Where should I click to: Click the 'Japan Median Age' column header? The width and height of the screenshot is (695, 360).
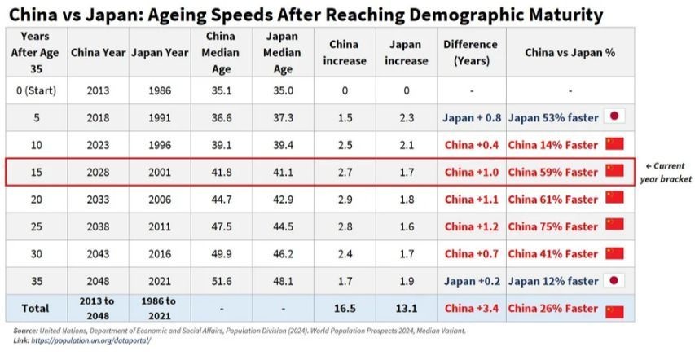(x=283, y=53)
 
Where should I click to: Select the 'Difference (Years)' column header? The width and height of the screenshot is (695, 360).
(x=471, y=52)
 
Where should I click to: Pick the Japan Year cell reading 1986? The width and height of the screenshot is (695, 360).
(x=160, y=91)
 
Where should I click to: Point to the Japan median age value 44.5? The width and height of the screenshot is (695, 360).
(x=283, y=226)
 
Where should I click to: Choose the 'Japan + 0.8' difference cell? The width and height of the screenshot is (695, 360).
(x=471, y=117)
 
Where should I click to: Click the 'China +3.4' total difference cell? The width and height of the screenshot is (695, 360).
(x=471, y=309)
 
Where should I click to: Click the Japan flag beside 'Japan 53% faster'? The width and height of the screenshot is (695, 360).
(x=615, y=117)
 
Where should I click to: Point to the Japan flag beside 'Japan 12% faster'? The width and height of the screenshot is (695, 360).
(x=615, y=281)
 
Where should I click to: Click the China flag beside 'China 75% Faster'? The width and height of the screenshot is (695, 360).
(x=614, y=226)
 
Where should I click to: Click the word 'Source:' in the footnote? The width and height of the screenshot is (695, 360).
(x=25, y=331)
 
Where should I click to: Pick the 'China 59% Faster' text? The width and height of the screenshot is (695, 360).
(x=552, y=172)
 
